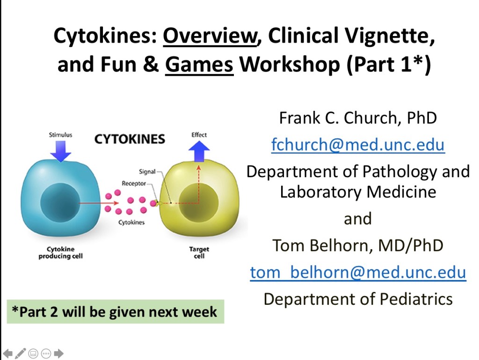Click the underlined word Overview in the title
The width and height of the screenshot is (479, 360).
[210, 36]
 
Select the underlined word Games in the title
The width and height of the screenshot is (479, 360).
[199, 65]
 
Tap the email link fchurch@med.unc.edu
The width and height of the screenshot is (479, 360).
[358, 144]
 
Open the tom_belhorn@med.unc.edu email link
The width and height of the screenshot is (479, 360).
[358, 272]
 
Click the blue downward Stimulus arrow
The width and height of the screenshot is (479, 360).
[60, 151]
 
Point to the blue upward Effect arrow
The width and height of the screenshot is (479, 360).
[199, 151]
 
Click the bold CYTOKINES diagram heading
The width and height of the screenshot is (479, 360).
[130, 139]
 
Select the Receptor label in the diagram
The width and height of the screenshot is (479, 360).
[134, 183]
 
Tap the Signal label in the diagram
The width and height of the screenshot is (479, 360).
[147, 172]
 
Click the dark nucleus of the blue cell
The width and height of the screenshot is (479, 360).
[60, 202]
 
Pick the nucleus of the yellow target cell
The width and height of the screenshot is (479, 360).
[198, 202]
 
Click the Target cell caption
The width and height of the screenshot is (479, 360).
[199, 252]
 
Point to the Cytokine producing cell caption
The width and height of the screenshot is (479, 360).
[60, 252]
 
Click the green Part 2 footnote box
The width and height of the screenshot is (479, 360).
[116, 311]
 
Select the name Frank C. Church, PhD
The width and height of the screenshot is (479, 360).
[358, 118]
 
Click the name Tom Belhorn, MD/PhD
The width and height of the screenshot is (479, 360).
[358, 245]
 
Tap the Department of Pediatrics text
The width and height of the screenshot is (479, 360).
[358, 299]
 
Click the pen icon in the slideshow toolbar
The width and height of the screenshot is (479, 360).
[20, 353]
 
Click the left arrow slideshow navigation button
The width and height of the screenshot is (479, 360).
[7, 353]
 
